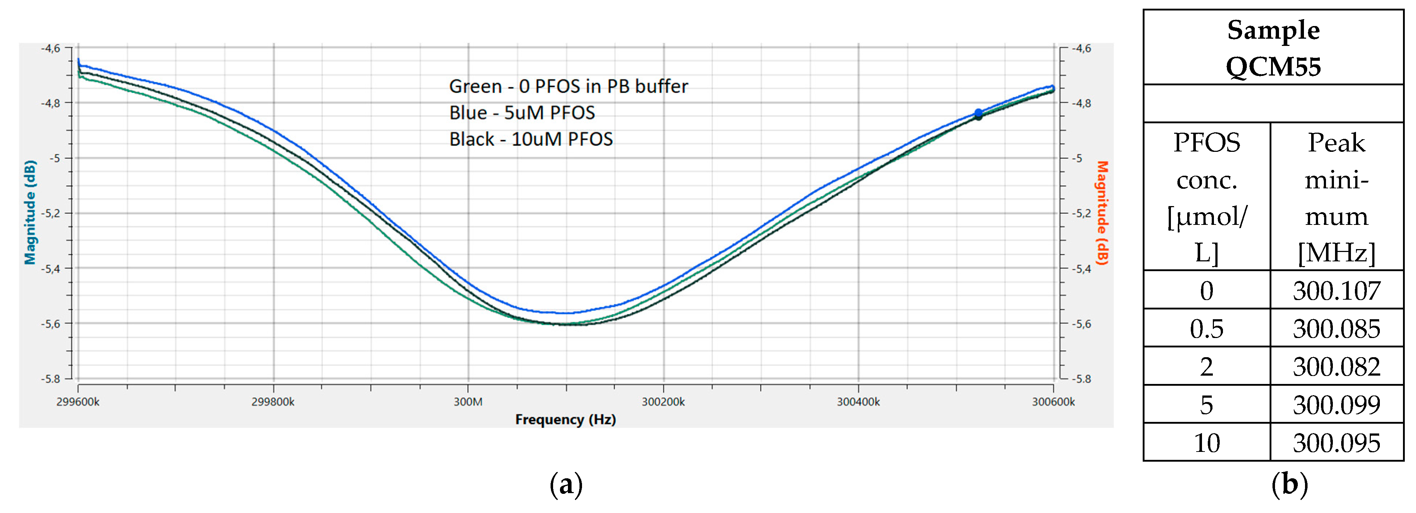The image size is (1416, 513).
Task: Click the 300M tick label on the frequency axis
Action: click(x=468, y=402)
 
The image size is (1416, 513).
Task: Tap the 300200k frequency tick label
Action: click(x=663, y=402)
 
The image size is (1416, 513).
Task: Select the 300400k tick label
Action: click(x=858, y=402)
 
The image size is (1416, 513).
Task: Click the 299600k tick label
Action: click(x=78, y=402)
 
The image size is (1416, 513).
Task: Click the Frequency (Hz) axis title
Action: click(x=565, y=419)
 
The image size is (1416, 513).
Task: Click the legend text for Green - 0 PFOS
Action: click(x=568, y=86)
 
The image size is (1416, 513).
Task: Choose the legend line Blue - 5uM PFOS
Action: click(x=522, y=113)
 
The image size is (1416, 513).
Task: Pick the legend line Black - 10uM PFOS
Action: click(x=530, y=139)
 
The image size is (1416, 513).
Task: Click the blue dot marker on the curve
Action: click(x=979, y=113)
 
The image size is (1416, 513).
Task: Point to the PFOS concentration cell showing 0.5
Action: click(x=1207, y=328)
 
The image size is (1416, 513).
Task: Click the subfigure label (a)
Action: click(x=566, y=484)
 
